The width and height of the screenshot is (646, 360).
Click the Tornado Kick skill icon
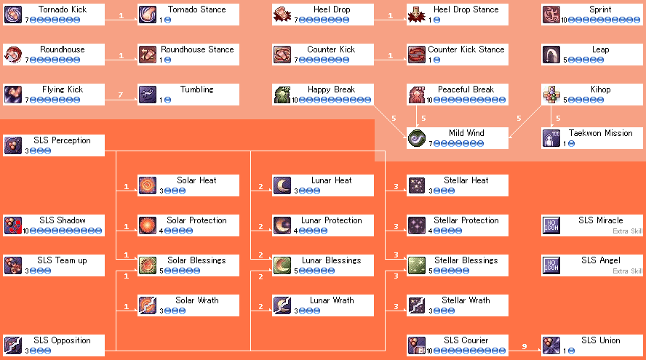point(13,15)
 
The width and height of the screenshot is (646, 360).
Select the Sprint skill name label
point(600,9)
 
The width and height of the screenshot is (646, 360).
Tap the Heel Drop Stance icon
point(417,15)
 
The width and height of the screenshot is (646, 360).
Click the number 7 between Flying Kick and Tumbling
point(121,95)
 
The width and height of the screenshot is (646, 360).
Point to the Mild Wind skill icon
point(417,138)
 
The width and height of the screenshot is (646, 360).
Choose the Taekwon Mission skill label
point(600,133)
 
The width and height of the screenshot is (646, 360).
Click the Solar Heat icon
point(148,185)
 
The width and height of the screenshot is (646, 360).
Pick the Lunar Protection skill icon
point(282,225)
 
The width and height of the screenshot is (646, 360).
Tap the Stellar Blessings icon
point(417,265)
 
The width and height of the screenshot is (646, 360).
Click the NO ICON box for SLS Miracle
point(551,225)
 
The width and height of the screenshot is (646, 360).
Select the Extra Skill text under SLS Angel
point(628,271)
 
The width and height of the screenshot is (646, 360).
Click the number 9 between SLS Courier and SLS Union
point(525,346)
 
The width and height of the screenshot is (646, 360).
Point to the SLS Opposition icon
point(13,345)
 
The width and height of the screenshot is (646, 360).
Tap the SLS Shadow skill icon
point(13,225)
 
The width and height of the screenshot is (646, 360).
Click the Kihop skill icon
point(551,95)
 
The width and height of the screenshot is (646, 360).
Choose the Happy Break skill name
point(331,89)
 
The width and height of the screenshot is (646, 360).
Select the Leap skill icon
point(551,55)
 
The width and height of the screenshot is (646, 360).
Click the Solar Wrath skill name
point(197,300)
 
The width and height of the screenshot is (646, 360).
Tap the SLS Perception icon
point(13,145)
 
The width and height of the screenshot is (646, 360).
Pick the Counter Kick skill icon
point(282,55)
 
